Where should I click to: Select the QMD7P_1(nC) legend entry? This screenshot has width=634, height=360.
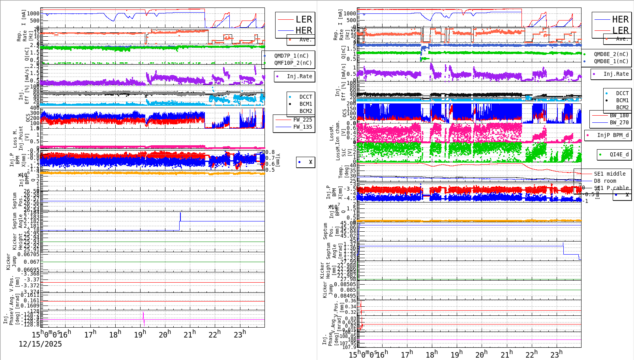point(291,56)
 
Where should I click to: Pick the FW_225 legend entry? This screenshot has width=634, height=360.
point(302,120)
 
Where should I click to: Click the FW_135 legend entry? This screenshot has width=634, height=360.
point(302,127)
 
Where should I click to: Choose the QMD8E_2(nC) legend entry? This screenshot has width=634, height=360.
point(611,54)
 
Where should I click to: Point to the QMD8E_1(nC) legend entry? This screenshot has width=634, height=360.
point(611,61)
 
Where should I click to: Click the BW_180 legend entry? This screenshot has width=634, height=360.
point(619,115)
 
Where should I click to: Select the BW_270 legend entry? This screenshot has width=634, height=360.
point(619,122)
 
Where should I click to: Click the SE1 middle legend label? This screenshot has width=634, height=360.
point(610,174)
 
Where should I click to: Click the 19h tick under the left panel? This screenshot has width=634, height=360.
point(140,335)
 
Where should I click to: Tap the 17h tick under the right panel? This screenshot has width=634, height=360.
point(406,354)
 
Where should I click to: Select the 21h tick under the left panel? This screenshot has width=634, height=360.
point(189,335)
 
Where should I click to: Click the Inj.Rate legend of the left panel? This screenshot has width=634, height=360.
point(299,76)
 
